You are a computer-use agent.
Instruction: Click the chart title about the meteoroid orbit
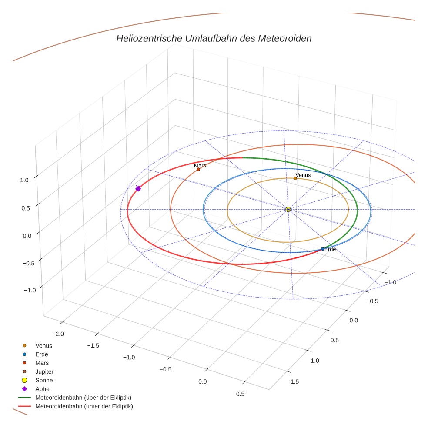(x=214, y=38)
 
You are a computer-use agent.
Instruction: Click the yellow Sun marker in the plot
(x=288, y=209)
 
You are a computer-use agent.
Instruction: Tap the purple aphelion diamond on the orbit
(x=138, y=188)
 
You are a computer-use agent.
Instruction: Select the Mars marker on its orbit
(x=198, y=169)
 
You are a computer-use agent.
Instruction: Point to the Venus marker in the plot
(x=295, y=178)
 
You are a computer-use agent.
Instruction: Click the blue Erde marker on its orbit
(x=322, y=249)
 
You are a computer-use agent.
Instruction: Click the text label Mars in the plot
(x=200, y=166)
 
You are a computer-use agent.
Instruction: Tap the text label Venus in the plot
(x=303, y=175)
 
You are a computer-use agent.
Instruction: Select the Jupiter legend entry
(x=44, y=371)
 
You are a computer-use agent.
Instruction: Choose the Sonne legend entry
(x=44, y=380)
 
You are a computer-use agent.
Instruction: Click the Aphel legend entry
(x=43, y=389)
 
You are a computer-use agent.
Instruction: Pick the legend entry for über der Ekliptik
(x=83, y=398)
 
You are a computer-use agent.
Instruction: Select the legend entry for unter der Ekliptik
(x=84, y=406)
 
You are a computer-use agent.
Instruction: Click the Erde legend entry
(x=42, y=354)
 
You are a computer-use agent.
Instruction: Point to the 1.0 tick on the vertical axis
(x=24, y=179)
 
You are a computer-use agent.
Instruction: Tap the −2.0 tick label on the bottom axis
(x=58, y=334)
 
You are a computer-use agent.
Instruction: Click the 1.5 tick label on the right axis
(x=294, y=381)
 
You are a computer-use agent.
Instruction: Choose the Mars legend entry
(x=42, y=363)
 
